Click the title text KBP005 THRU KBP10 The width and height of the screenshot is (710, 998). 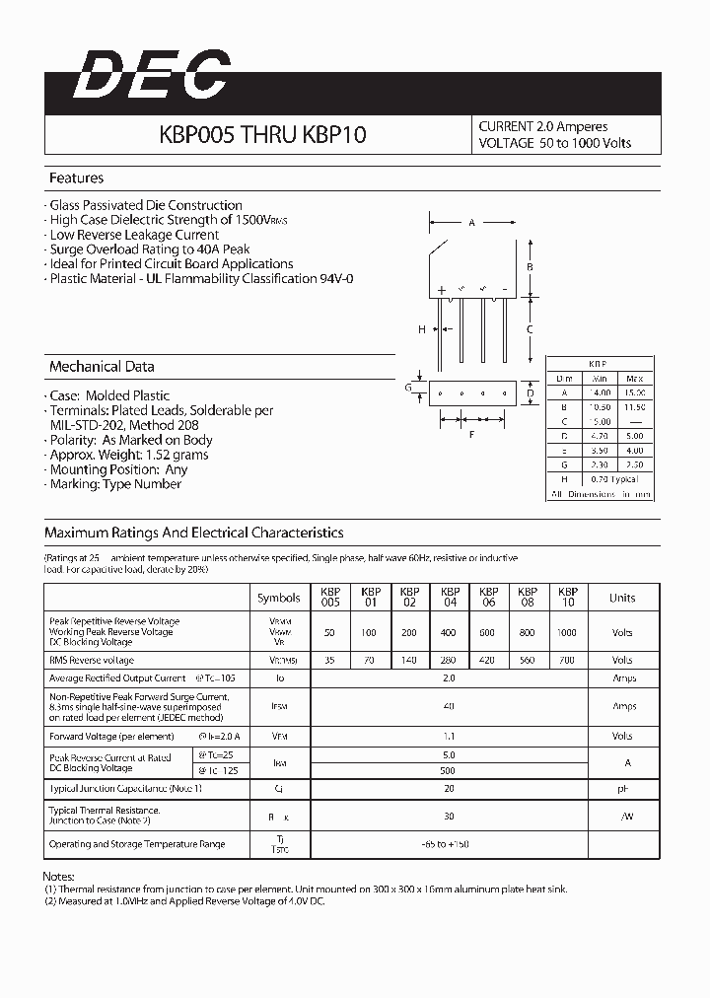pos(262,135)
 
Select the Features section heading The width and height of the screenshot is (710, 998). pos(76,178)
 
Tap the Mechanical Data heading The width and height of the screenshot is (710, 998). pos(102,367)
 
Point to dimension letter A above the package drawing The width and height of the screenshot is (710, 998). pos(471,223)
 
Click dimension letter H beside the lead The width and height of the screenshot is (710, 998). pos(421,329)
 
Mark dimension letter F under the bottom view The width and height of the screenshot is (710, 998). pos(472,434)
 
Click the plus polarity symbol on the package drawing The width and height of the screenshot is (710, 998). pos(442,290)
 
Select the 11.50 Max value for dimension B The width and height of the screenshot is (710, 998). pos(634,406)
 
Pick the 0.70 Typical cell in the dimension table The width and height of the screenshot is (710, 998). pos(615,478)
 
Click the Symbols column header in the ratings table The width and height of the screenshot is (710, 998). pos(279,598)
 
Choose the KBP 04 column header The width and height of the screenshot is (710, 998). pos(450,598)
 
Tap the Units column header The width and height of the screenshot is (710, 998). pos(622,598)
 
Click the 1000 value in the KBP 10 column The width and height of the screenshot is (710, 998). pos(567,632)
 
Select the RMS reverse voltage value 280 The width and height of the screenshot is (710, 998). pos(450,660)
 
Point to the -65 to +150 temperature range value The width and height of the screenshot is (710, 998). pos(450,844)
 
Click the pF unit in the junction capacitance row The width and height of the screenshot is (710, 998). pos(622,789)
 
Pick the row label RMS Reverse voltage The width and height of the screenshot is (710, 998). pos(91,660)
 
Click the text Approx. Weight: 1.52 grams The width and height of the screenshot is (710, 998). pos(129,456)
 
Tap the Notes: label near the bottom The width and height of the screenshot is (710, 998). pos(59,877)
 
